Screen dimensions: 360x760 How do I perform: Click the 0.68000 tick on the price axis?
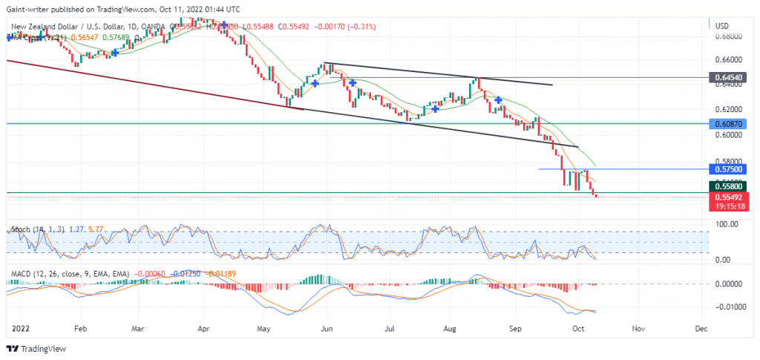pos(728,35)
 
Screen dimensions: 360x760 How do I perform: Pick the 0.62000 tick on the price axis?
pos(728,109)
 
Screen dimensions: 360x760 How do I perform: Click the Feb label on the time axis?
pos(81,327)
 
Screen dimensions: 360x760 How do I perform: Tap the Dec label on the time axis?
pos(699,327)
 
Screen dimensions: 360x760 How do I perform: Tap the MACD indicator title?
pos(22,274)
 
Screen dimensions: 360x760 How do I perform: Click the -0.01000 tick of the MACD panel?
pos(727,306)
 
